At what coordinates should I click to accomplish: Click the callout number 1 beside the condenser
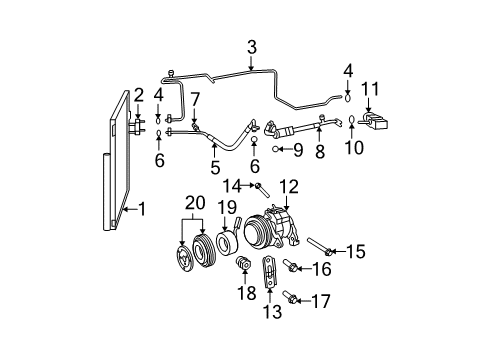click(x=143, y=209)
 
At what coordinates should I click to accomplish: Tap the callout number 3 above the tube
click(x=252, y=46)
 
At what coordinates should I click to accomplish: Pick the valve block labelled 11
click(x=377, y=123)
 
